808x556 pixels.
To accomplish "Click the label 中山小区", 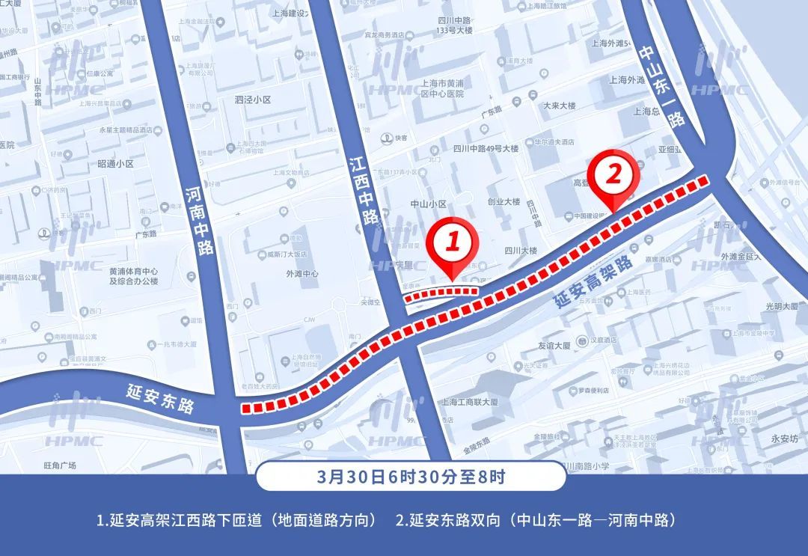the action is [x=429, y=204].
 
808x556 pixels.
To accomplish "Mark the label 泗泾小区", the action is [x=252, y=100].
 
